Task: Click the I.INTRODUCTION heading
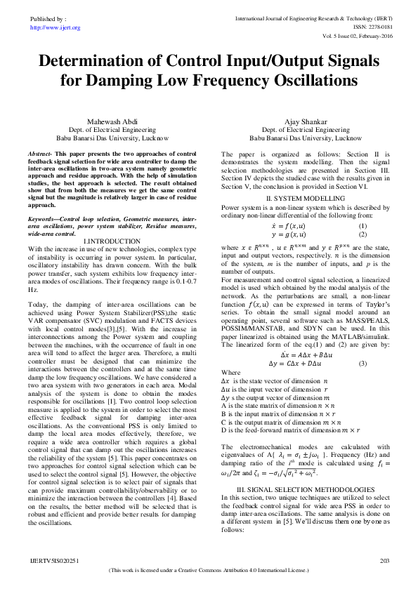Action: (x=112, y=241)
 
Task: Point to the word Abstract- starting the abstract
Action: (x=40, y=152)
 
